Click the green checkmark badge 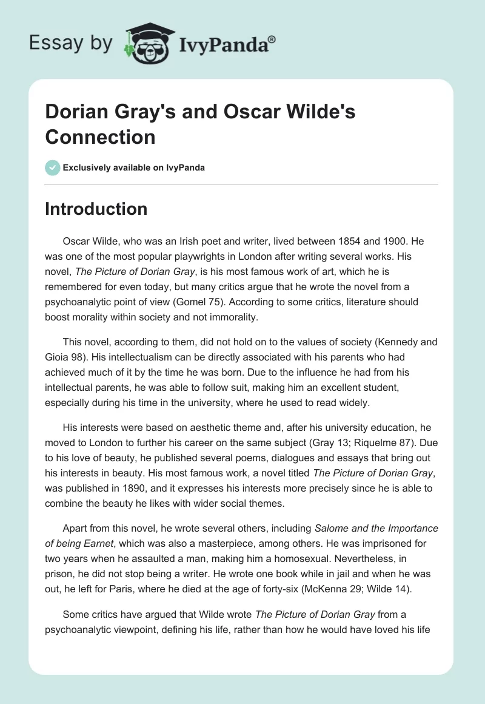pyautogui.click(x=52, y=168)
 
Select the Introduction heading pyautogui.click(x=96, y=209)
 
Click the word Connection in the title pyautogui.click(x=100, y=137)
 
